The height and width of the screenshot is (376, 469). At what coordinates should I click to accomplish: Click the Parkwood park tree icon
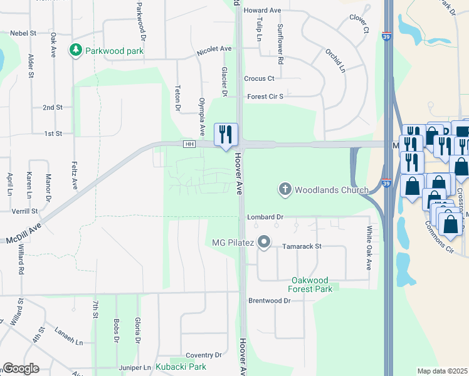tap(76, 49)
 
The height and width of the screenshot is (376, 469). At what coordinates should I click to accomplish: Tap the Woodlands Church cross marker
tap(285, 189)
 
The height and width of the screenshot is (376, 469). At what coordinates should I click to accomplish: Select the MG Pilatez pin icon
tap(265, 242)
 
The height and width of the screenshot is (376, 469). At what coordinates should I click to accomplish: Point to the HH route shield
tap(189, 144)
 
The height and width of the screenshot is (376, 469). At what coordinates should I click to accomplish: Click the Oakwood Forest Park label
tap(312, 285)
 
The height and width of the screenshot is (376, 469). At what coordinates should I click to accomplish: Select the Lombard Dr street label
tap(265, 217)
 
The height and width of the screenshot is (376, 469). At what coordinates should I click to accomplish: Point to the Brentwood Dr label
tap(270, 301)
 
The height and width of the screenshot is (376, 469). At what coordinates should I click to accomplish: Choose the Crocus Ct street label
tap(260, 78)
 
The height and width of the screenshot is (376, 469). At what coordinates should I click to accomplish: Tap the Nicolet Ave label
tap(214, 48)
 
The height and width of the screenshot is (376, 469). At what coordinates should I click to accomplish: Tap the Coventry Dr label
tap(200, 355)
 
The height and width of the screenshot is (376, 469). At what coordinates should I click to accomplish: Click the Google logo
tap(21, 368)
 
